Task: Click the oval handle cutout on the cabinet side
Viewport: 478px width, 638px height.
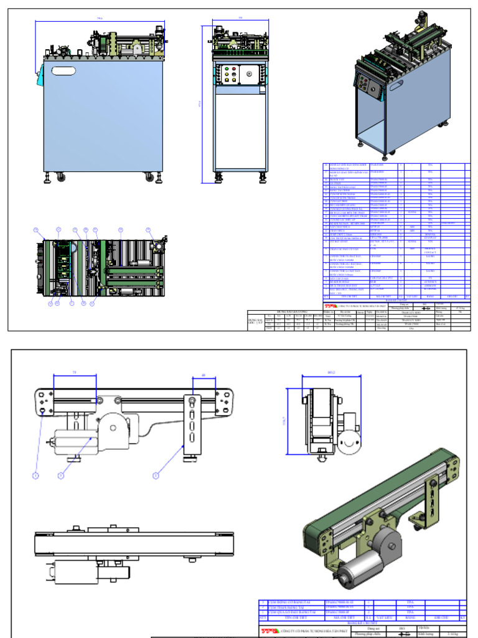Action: coord(63,71)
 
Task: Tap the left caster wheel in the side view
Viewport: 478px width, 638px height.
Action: coord(61,177)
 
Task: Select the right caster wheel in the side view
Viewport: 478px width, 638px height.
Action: coord(149,177)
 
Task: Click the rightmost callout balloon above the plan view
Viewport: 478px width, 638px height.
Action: coord(148,231)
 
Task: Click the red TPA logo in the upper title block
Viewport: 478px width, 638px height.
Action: coord(329,307)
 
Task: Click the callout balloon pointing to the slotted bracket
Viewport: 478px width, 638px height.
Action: coord(156,475)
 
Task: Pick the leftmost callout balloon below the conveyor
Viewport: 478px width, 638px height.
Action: coord(36,475)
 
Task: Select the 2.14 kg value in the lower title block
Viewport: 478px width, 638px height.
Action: coord(454,634)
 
